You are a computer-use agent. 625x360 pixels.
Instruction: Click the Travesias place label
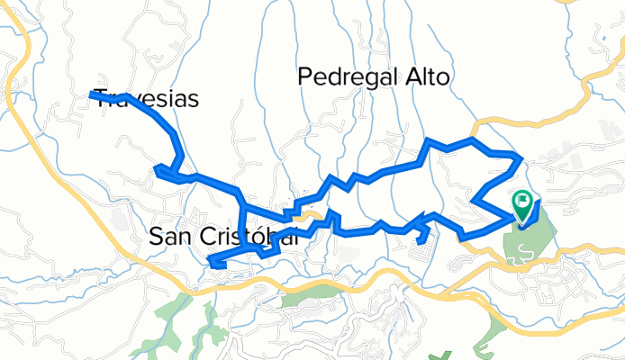(x=146, y=99)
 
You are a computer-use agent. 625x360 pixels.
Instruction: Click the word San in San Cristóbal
(x=168, y=237)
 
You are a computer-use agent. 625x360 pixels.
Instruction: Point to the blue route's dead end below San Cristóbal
(x=212, y=262)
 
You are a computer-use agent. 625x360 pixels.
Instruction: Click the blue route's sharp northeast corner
(x=520, y=159)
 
